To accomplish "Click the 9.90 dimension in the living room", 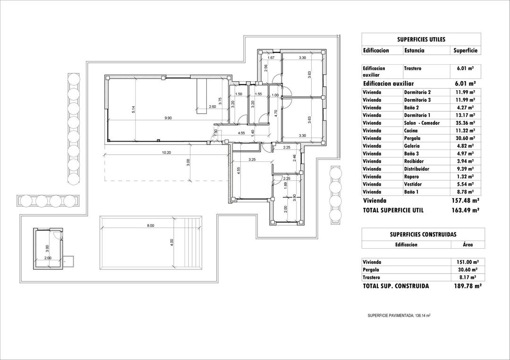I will point(168,118).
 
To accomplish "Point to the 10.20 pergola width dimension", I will point(166,152).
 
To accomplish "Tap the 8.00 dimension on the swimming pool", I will point(150,226).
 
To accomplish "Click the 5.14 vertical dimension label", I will point(134,109).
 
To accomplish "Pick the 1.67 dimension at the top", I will point(271,58).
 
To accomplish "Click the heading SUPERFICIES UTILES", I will point(421,40).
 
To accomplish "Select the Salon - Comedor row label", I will point(422,123).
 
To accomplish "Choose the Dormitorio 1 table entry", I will point(417,115).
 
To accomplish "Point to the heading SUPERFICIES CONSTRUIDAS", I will point(423,234).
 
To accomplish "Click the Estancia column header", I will point(414,50).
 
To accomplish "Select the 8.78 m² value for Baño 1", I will point(465,192).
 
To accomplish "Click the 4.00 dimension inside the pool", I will point(172,242).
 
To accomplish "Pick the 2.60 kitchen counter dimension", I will point(212,107).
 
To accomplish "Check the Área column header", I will point(467,245).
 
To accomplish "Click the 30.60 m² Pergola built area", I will point(465,270).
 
